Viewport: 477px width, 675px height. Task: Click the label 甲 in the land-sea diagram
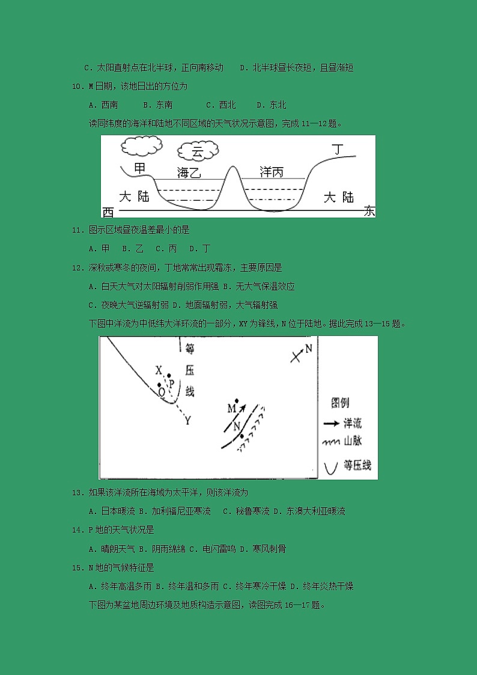click(x=139, y=168)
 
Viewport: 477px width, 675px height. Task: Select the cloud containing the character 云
click(x=197, y=152)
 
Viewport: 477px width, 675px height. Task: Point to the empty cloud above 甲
click(x=141, y=145)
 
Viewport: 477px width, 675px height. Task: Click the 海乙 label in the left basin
click(x=189, y=173)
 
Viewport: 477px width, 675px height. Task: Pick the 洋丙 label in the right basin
click(x=271, y=172)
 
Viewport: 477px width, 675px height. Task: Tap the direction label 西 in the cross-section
click(x=108, y=212)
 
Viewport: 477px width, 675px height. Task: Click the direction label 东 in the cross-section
click(x=369, y=212)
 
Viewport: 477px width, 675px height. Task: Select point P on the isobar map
click(x=171, y=382)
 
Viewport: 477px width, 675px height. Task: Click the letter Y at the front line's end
click(x=187, y=421)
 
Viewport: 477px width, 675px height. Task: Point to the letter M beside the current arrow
click(x=231, y=409)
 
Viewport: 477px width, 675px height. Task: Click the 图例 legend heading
click(x=340, y=403)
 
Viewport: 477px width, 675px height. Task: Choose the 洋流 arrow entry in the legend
click(x=342, y=423)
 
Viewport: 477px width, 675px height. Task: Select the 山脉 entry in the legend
click(x=342, y=442)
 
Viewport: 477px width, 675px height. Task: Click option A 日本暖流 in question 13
click(x=111, y=512)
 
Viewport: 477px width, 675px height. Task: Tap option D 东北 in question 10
click(x=272, y=105)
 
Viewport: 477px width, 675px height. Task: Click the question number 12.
click(x=76, y=267)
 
